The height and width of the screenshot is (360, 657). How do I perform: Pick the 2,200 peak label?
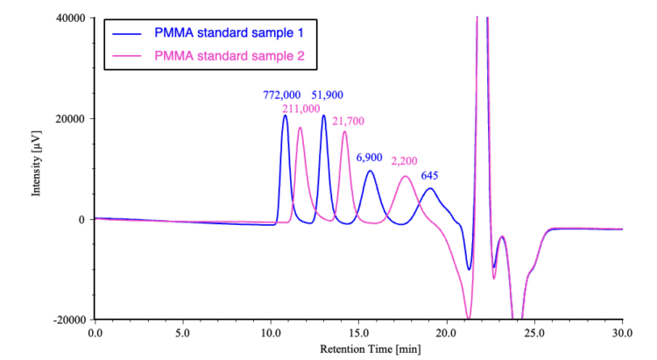click(x=406, y=162)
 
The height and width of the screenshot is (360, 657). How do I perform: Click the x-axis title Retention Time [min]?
click(x=357, y=349)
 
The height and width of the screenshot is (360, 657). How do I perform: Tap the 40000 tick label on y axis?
click(x=67, y=18)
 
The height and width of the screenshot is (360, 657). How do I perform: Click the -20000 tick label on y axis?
click(x=66, y=320)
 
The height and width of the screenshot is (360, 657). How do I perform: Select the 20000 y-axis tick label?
click(x=67, y=119)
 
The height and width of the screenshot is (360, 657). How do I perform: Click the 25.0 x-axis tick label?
click(x=534, y=333)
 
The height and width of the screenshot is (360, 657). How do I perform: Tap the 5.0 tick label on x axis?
click(x=182, y=333)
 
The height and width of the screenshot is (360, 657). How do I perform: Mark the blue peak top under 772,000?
click(x=285, y=116)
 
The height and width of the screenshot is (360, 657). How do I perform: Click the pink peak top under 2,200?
click(x=406, y=177)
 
